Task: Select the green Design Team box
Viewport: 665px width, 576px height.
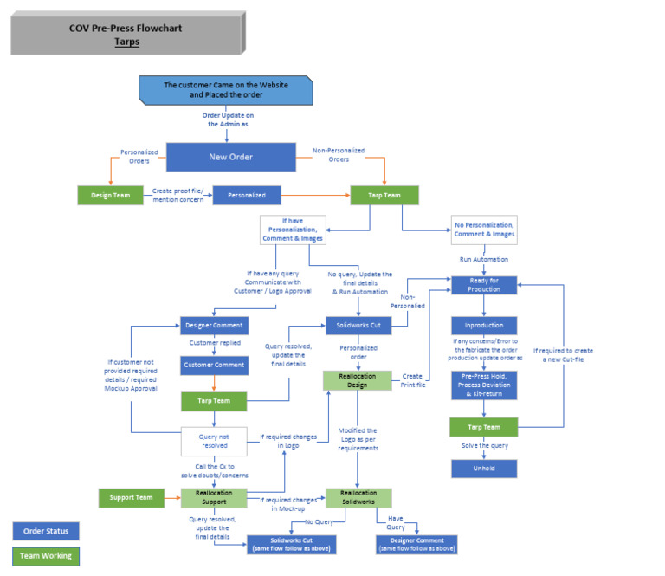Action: [x=111, y=196]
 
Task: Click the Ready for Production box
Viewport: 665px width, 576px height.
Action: [x=484, y=284]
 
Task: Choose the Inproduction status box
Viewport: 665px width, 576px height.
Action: [x=484, y=326]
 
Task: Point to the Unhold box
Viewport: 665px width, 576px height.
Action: [x=484, y=469]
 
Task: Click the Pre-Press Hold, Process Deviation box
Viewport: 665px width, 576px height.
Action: [x=484, y=385]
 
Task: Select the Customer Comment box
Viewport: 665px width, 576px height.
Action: [x=213, y=366]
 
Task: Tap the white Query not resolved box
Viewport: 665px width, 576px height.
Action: [x=213, y=440]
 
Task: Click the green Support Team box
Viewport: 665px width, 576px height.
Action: [x=131, y=498]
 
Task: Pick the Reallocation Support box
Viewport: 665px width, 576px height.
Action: [x=213, y=498]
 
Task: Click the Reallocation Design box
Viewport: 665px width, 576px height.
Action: [x=358, y=379]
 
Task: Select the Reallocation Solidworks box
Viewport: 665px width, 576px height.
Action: [x=358, y=498]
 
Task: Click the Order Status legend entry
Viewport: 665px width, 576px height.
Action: [x=46, y=530]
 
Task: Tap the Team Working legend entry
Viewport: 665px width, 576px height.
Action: [x=46, y=557]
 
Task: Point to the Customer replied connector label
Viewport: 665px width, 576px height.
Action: [x=213, y=343]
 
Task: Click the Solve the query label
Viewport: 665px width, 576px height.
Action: [x=484, y=445]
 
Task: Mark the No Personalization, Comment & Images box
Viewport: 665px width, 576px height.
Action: [x=484, y=230]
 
